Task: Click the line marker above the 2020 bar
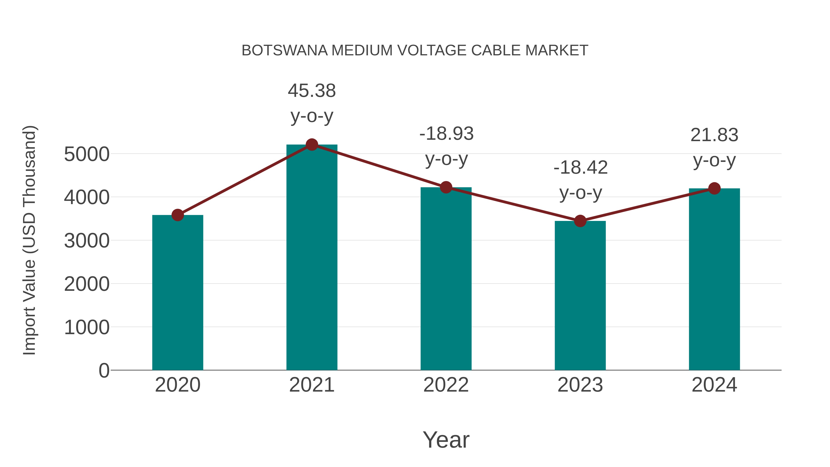(x=178, y=215)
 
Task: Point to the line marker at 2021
(x=311, y=145)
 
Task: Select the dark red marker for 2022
(x=446, y=187)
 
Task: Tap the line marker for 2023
(x=580, y=221)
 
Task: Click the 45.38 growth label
(x=311, y=91)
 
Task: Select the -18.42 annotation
(x=580, y=168)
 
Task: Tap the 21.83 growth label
(x=714, y=135)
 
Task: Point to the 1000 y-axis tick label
(x=87, y=327)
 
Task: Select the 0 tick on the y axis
(x=104, y=371)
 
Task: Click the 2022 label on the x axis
(x=446, y=385)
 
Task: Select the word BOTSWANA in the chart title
(x=285, y=51)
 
